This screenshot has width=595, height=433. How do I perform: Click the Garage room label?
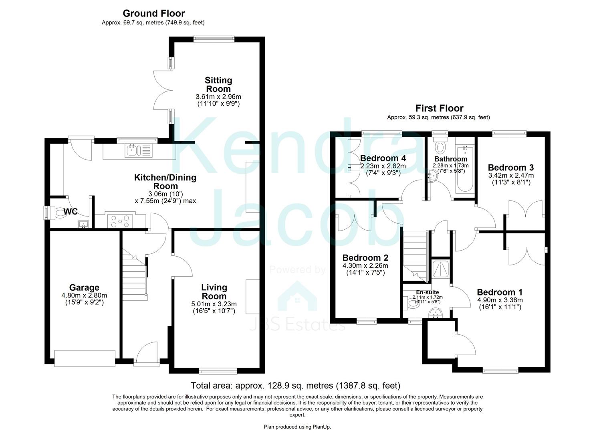[x=84, y=287]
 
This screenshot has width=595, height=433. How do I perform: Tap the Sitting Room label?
[x=218, y=85]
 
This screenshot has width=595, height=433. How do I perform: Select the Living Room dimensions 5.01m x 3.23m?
[x=214, y=304]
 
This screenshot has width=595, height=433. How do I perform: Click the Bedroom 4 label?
[x=383, y=158]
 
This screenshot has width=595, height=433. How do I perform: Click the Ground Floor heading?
[x=153, y=13]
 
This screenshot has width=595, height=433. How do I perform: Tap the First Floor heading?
[x=439, y=108]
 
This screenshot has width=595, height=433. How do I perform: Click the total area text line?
[x=295, y=386]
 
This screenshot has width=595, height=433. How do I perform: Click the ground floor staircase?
[x=134, y=273]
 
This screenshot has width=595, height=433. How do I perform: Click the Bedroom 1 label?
[x=499, y=292]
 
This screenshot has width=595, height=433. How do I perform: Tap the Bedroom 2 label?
[x=365, y=258]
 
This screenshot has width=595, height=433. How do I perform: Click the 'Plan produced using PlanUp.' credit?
[x=297, y=427]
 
